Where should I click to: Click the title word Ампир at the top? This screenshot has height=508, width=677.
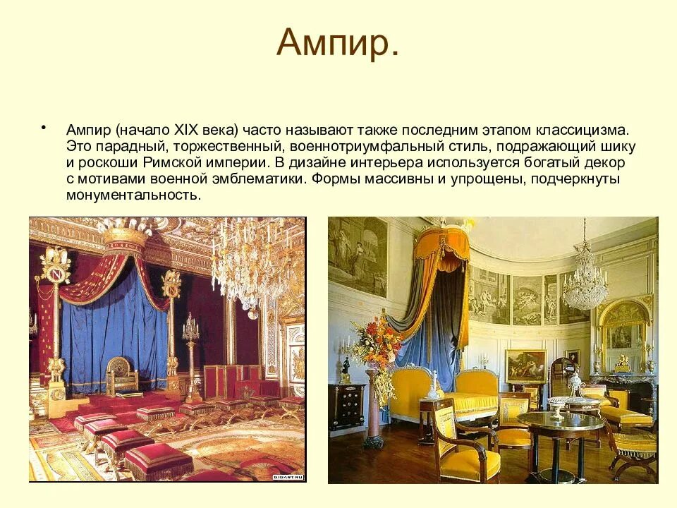coord(337,43)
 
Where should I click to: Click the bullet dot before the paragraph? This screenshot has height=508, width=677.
coord(44,128)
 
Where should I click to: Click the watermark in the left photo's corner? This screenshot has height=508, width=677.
coord(288,478)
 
